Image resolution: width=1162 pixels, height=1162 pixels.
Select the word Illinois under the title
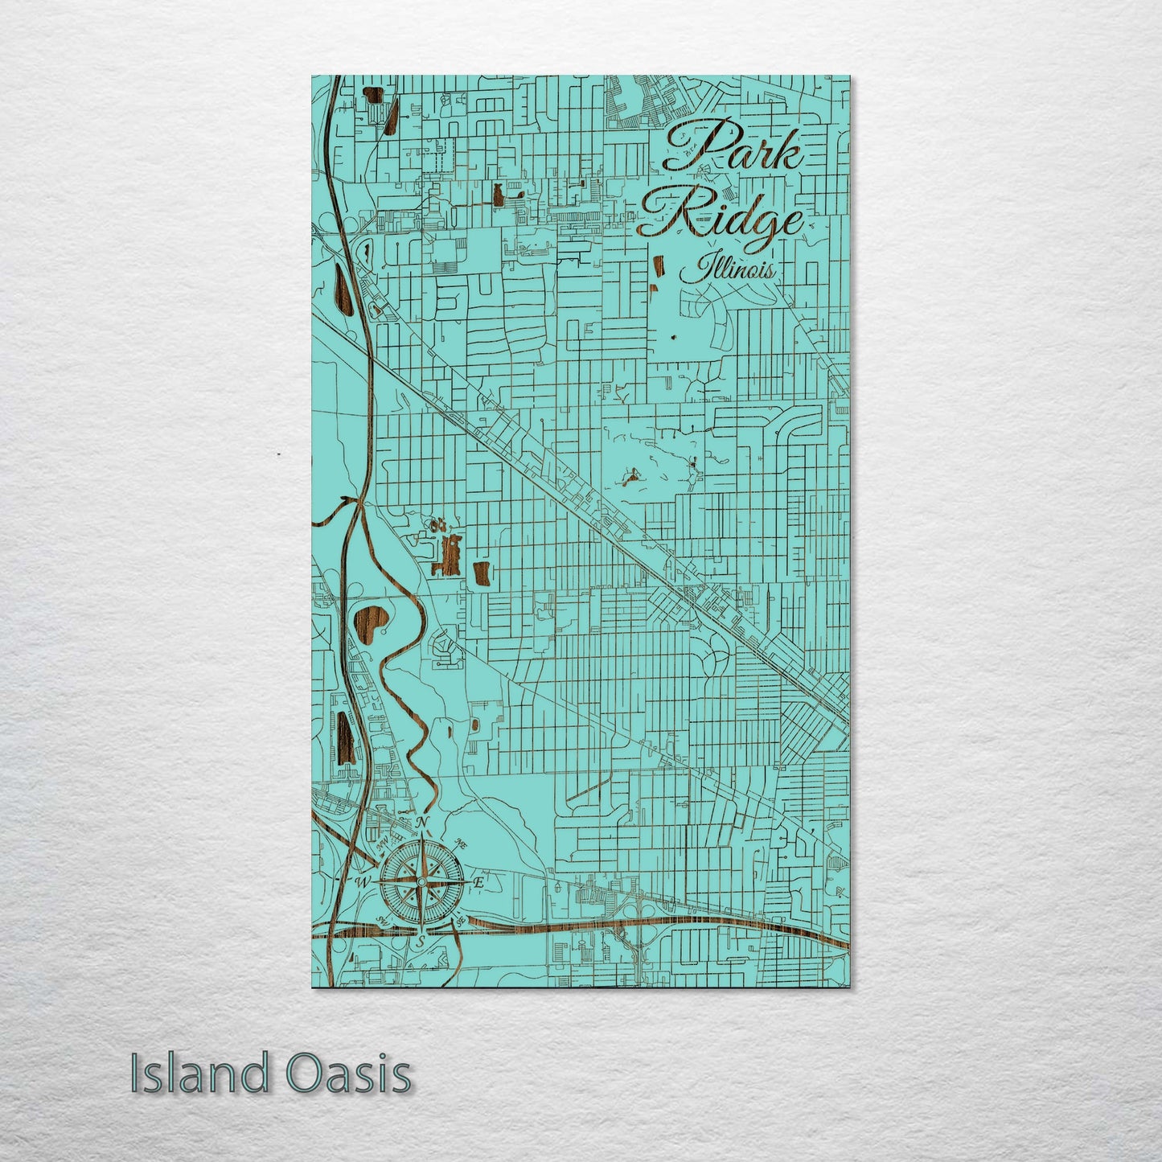tap(727, 268)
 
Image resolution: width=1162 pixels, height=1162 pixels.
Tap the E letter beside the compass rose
tap(478, 882)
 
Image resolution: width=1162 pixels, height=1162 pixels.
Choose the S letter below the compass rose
tap(420, 942)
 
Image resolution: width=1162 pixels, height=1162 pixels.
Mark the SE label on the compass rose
tap(461, 922)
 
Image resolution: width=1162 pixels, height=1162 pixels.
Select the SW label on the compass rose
tap(380, 923)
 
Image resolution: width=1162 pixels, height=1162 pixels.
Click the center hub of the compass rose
tap(420, 882)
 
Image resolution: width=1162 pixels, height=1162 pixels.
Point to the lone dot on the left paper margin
tap(278, 454)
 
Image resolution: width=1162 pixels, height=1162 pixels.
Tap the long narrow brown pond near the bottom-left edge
tap(346, 737)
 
